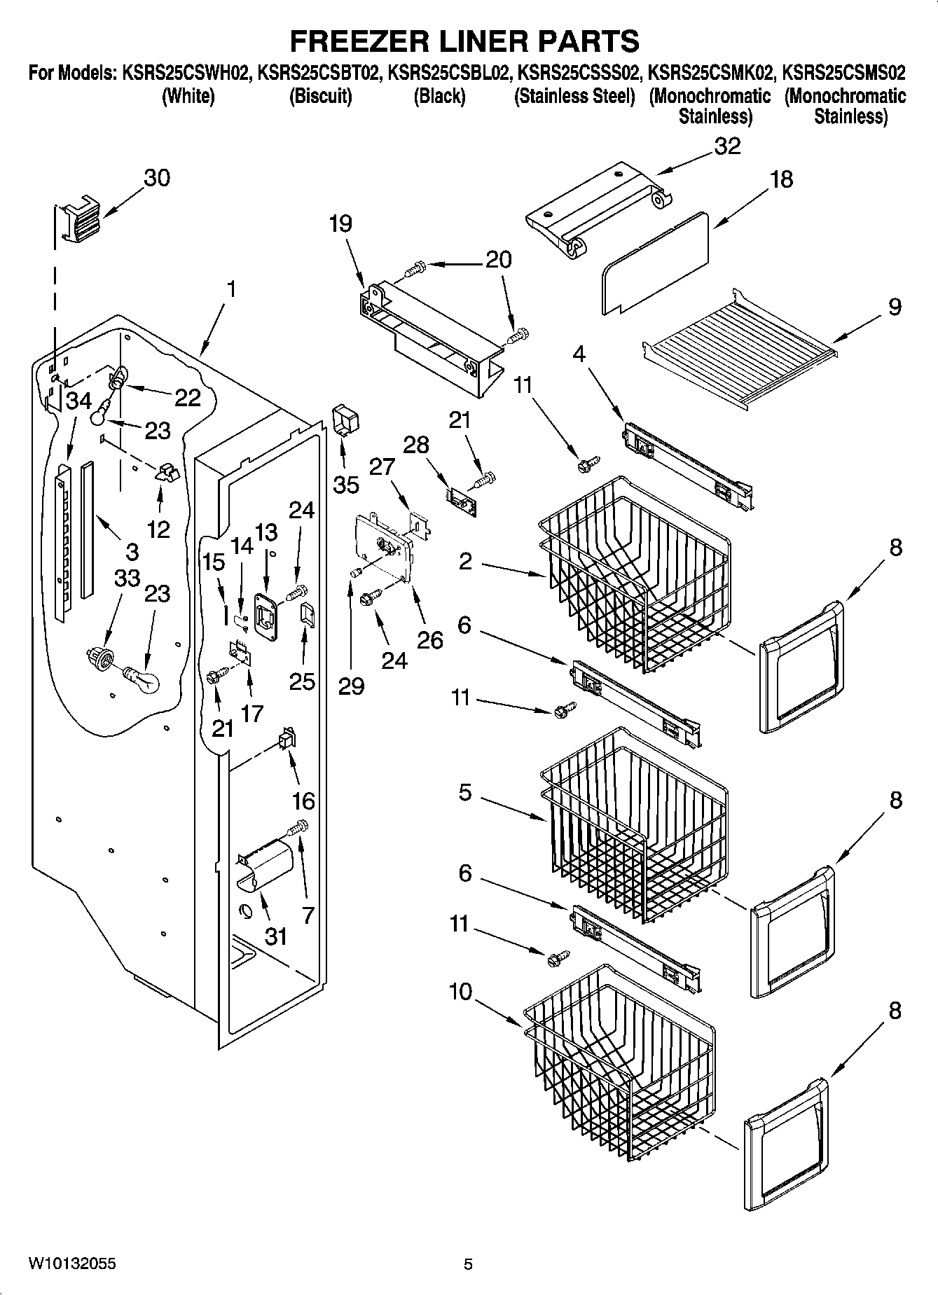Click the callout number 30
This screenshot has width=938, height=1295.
tap(156, 178)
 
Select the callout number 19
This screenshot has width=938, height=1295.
tap(340, 224)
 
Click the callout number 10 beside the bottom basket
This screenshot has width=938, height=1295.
tap(460, 992)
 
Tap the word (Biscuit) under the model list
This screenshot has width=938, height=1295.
tap(320, 97)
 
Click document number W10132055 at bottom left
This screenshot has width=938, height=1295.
tap(73, 1263)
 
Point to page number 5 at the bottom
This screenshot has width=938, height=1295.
tap(468, 1264)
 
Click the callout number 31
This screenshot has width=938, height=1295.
tap(276, 936)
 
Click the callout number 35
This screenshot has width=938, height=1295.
tap(346, 485)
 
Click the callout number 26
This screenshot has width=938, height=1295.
tap(430, 639)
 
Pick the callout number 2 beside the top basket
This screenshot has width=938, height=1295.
tap(465, 561)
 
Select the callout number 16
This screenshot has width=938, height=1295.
tap(303, 801)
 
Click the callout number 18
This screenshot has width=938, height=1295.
tap(781, 179)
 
